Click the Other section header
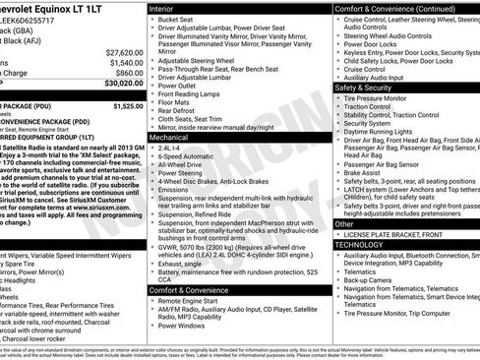coord(344,223)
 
